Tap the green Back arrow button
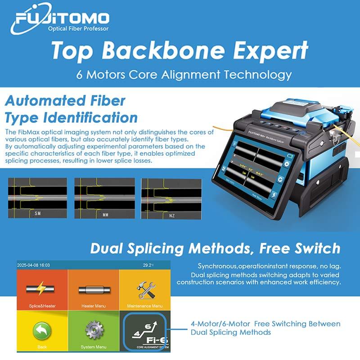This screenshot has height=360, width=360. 42,331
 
